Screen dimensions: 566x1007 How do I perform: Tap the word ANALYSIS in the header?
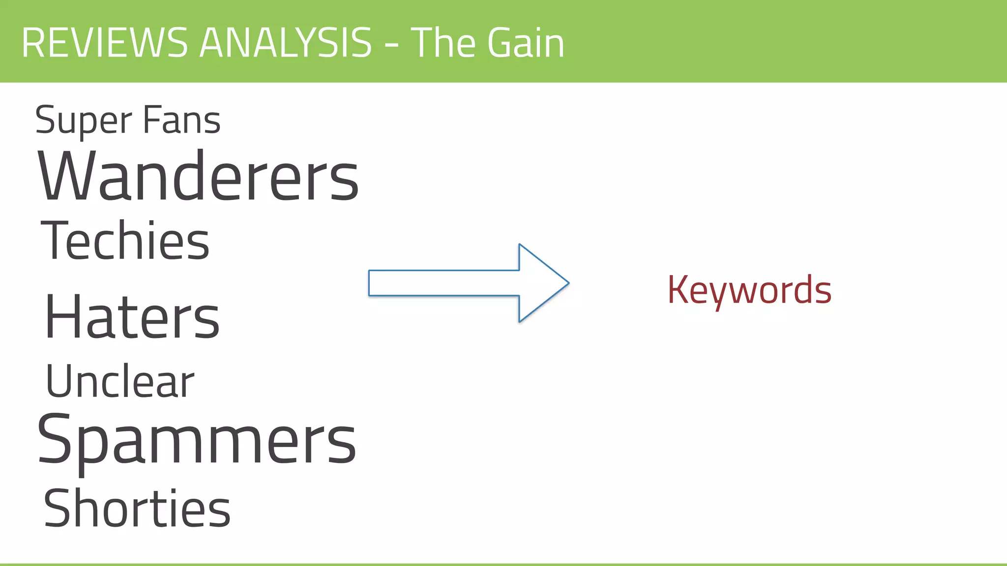point(286,43)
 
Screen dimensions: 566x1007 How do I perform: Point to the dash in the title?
point(391,45)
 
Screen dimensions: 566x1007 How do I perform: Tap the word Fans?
point(181,120)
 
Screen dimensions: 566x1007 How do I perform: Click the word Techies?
point(125,240)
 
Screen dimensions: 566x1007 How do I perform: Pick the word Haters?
point(132,317)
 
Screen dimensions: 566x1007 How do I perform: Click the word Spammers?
point(197,440)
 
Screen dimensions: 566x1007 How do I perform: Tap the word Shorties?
point(137,509)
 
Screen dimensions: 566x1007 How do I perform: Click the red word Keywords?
point(749,290)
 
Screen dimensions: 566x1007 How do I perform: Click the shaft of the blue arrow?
point(443,283)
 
